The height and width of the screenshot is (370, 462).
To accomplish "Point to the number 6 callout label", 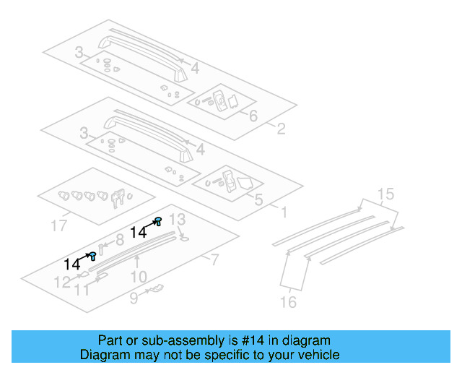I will [253, 116].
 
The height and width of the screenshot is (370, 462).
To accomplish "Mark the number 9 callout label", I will [134, 296].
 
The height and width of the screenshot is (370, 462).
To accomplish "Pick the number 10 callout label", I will [139, 276].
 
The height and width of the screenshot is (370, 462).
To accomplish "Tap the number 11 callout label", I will [83, 290].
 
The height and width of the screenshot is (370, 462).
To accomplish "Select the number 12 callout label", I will [63, 283].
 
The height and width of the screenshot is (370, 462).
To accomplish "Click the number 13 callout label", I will [178, 219].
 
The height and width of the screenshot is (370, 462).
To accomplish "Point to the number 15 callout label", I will [385, 194].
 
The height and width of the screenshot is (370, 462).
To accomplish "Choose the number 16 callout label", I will [288, 302].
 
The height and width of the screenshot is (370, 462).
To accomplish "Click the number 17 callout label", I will [62, 226].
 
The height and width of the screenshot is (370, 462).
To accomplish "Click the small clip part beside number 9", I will [155, 290].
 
